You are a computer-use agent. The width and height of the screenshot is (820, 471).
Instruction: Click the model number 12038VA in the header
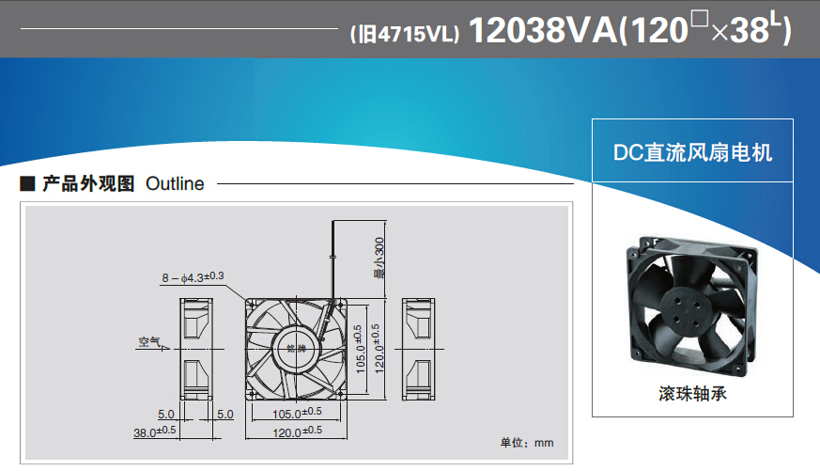click(x=541, y=31)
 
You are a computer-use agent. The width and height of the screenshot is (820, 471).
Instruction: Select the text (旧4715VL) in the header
click(x=403, y=35)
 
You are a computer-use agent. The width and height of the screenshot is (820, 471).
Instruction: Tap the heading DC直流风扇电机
click(x=692, y=152)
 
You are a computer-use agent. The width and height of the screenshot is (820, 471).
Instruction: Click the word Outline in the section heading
click(x=175, y=184)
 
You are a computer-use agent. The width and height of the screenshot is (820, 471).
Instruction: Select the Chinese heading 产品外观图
click(x=89, y=184)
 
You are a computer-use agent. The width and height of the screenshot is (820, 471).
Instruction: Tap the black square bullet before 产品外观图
click(x=27, y=184)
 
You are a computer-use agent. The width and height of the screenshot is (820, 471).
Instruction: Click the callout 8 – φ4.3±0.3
click(x=193, y=276)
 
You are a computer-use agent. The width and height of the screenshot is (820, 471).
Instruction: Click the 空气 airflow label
click(x=149, y=341)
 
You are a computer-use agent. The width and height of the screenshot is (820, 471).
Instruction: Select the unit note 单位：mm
click(x=526, y=442)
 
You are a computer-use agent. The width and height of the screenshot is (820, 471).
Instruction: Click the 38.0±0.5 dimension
click(x=155, y=432)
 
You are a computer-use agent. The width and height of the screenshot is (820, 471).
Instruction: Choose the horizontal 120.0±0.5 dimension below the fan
click(x=297, y=432)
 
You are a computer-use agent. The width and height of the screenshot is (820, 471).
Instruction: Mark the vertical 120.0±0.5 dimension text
click(x=377, y=348)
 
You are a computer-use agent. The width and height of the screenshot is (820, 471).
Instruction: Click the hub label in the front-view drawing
click(x=296, y=349)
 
